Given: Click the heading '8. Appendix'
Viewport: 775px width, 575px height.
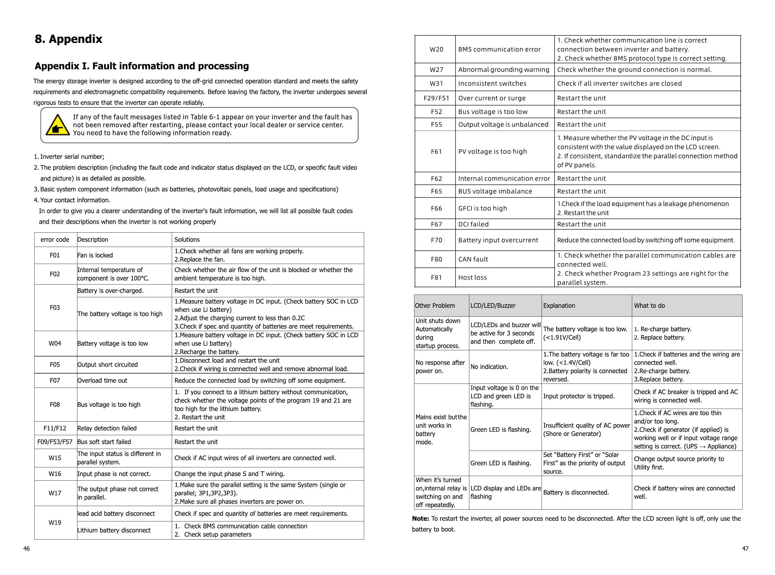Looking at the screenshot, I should click(x=69, y=39).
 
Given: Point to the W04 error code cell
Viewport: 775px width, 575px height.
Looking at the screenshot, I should click(x=55, y=343).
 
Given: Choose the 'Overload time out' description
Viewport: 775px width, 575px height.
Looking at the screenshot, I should click(x=102, y=381).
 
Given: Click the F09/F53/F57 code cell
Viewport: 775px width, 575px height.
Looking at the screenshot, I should click(x=55, y=442).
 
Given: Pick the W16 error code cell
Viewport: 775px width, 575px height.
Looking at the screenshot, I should click(x=55, y=474).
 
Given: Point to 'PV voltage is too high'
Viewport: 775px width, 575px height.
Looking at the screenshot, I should click(x=492, y=151).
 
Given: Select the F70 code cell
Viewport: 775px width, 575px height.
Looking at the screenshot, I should click(x=436, y=240).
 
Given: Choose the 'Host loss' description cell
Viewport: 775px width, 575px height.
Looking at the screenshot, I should click(x=473, y=277).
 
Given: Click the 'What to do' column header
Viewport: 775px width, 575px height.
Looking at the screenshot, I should click(x=649, y=306).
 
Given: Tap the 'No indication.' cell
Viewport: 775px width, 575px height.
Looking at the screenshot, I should click(x=489, y=367).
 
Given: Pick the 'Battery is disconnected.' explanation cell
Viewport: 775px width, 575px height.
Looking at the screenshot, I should click(x=576, y=493).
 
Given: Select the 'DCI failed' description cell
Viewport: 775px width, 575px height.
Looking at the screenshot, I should click(x=473, y=224).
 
